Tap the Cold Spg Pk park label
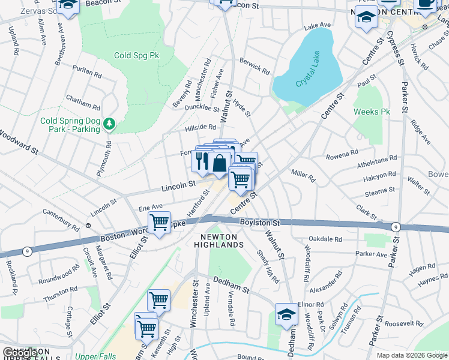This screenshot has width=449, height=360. coord(136,55)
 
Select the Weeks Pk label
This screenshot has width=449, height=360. coord(372,112)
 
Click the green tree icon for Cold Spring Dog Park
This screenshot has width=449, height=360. coord(109,124)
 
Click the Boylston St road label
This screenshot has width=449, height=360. coord(261,222)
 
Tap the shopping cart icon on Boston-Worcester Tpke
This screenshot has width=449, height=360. coord(159,223)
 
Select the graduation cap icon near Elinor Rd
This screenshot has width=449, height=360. coord(286,314)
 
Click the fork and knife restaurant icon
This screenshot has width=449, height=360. coord(200,160)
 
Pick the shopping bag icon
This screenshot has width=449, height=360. coord(220,163)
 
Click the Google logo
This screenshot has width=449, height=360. coord(20,353)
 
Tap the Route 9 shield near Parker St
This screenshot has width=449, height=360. coord(395,226)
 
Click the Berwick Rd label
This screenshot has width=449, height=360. coord(255,67)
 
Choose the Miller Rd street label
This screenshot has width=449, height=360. coord(303,175)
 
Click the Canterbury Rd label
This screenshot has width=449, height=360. coord(60,220)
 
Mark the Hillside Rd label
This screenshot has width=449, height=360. coord(199,127)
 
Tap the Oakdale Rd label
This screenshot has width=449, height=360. coord(329,239)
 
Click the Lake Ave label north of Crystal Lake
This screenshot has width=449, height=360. coord(318,26)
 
